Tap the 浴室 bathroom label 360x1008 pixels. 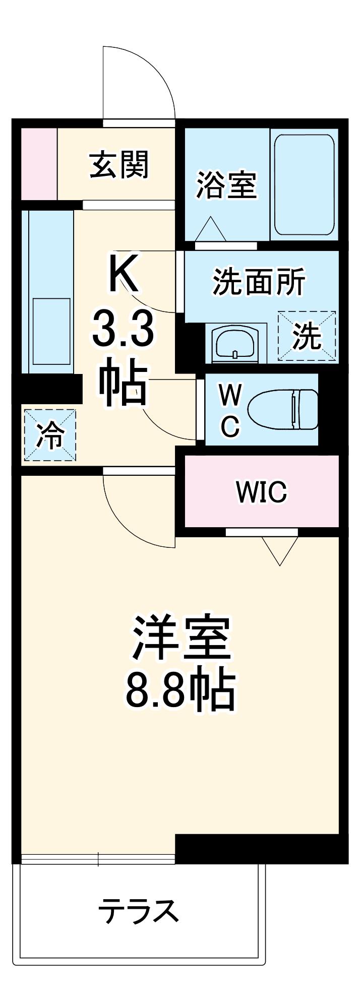click(226, 185)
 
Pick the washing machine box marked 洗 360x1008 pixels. click(307, 335)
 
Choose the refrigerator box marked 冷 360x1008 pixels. click(50, 435)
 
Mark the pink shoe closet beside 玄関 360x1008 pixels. click(39, 164)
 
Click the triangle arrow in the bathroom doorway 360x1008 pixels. click(211, 229)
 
